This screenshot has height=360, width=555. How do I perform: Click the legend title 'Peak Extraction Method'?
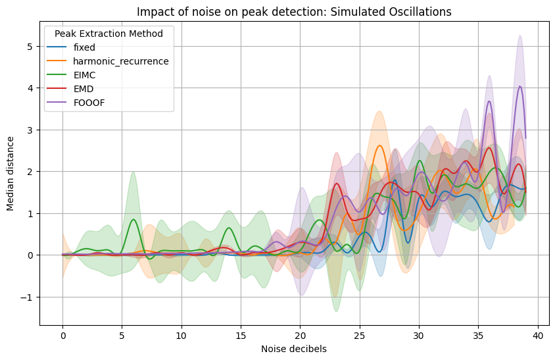[109, 33]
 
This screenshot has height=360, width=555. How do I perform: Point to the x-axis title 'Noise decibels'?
[294, 349]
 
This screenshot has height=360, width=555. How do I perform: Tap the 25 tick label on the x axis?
[360, 334]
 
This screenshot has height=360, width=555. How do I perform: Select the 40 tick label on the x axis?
[538, 334]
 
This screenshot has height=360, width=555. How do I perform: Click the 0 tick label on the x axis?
[63, 334]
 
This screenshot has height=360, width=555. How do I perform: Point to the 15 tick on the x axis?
[241, 334]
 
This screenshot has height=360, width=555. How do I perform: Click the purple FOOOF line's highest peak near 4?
[520, 86]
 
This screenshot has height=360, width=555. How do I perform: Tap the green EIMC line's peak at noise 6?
[133, 220]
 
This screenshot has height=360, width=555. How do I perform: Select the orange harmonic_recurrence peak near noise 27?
[380, 146]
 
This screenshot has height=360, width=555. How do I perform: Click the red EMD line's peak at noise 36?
[489, 148]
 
